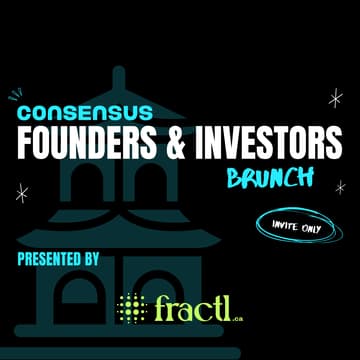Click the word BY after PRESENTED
coord(90,259)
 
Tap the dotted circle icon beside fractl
coord(131,308)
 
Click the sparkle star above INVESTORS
coord(335,97)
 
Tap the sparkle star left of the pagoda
coord(21,193)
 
